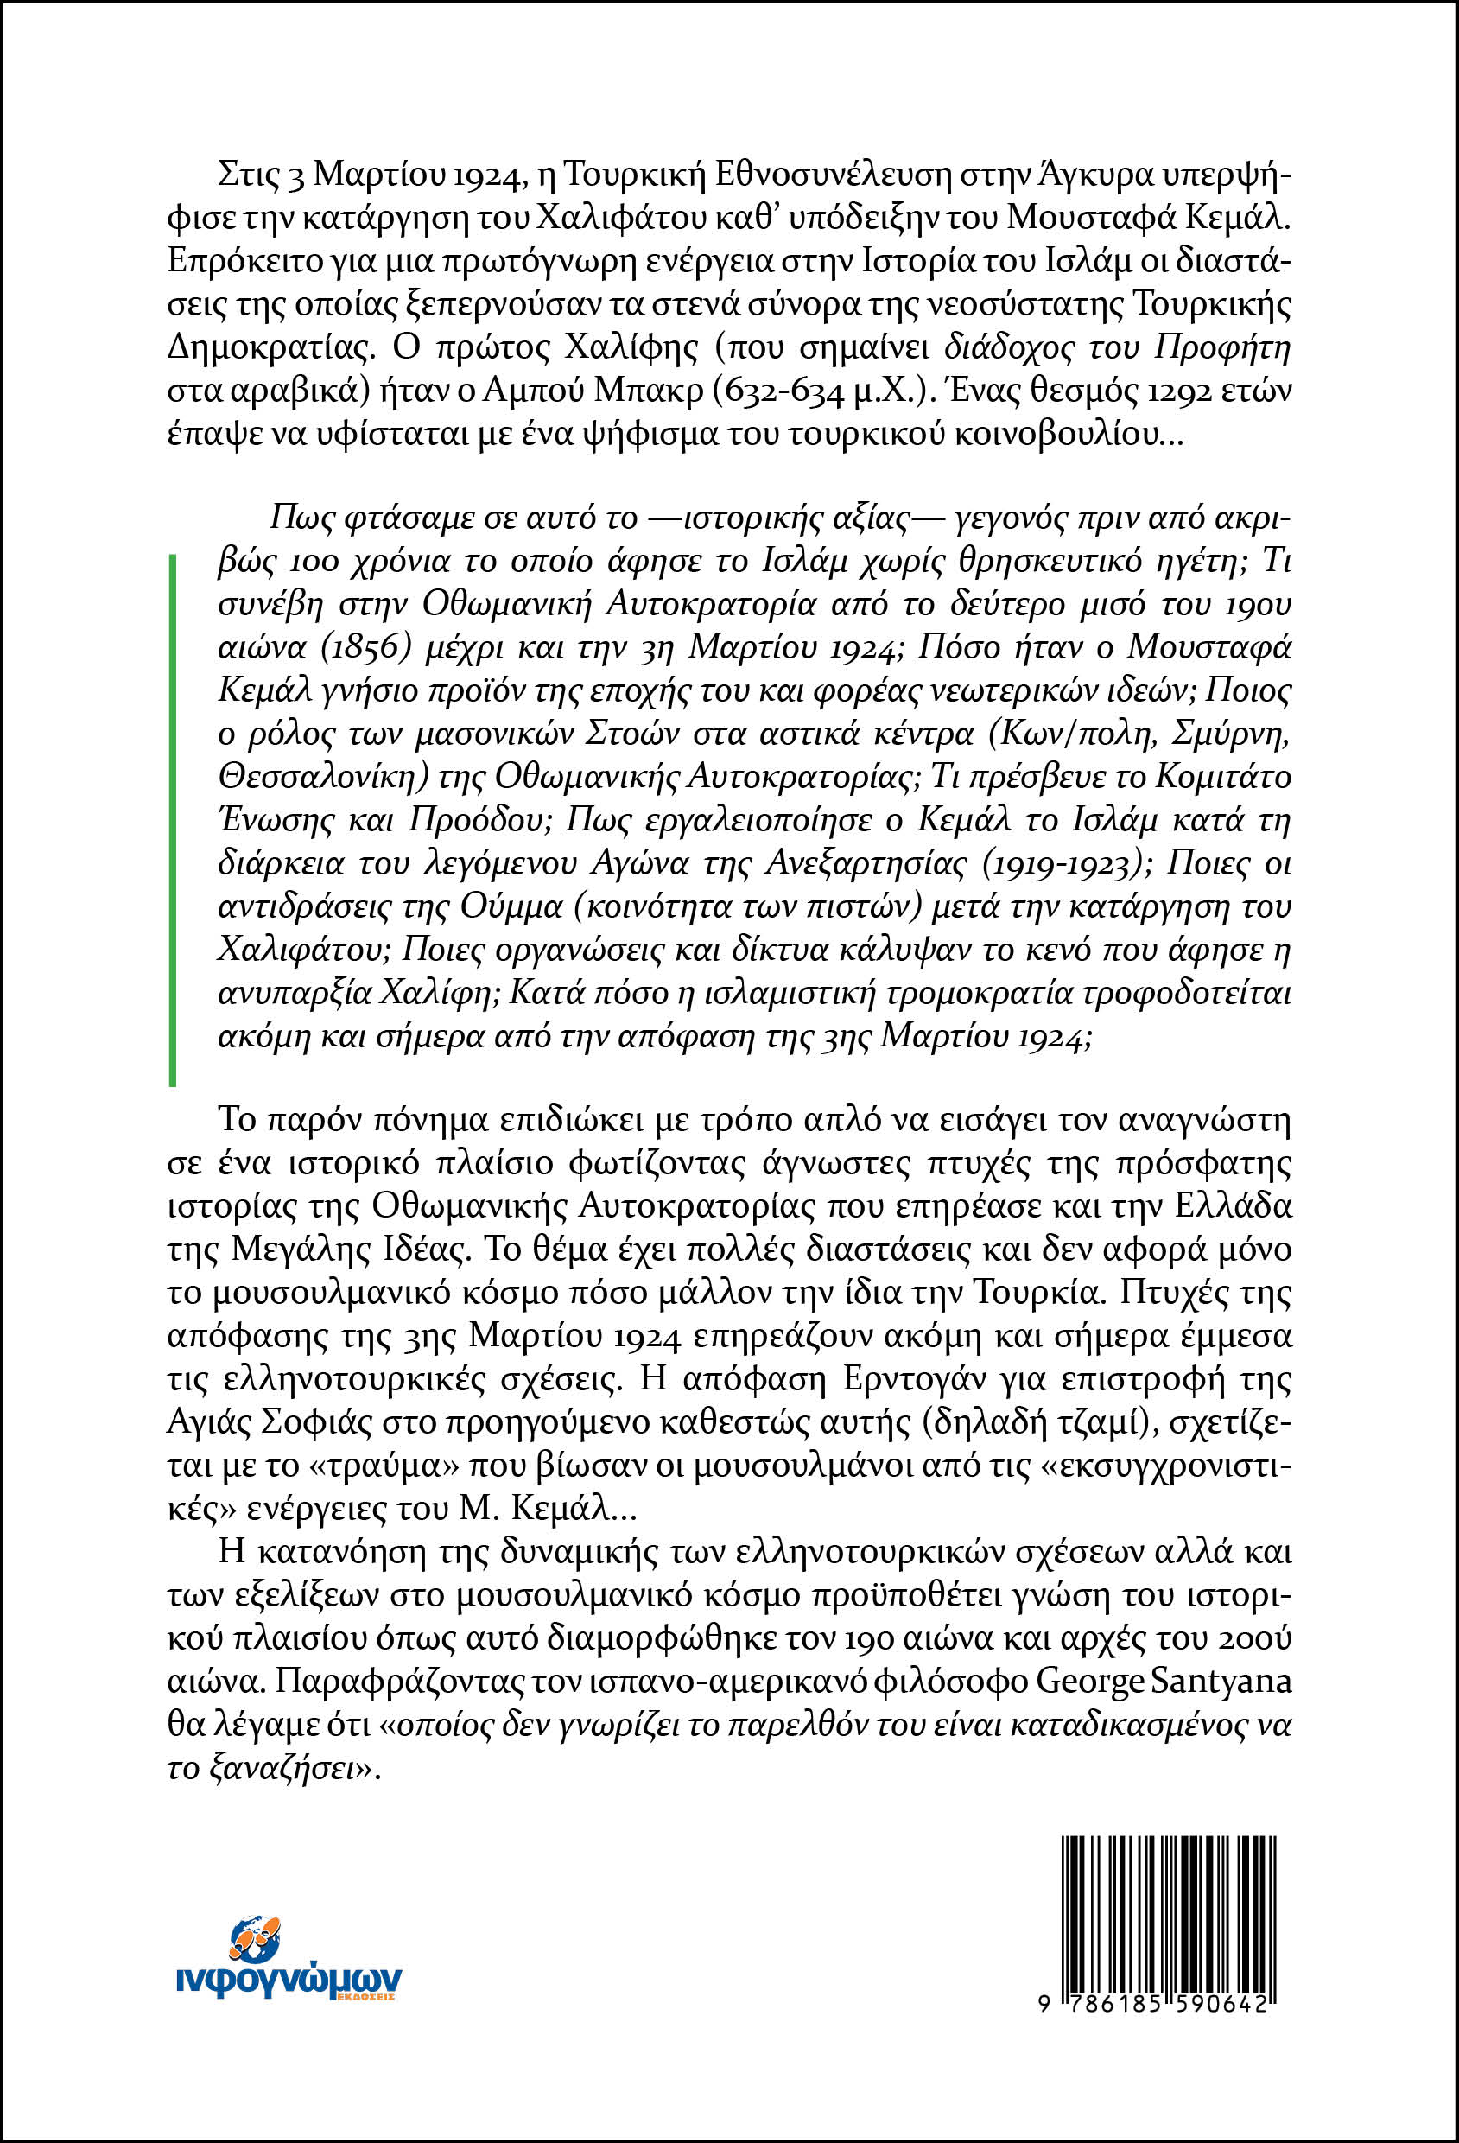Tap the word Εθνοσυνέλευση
[818, 175]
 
